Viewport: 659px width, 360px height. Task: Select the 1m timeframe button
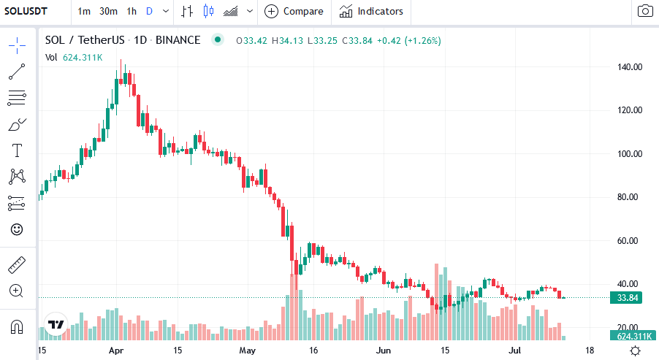(x=84, y=11)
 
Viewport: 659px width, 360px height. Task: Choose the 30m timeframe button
(x=108, y=11)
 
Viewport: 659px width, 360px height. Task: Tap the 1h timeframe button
(x=132, y=11)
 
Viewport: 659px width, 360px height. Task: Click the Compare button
(x=294, y=11)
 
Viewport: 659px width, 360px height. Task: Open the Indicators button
(x=371, y=11)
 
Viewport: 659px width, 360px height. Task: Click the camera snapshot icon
(x=645, y=11)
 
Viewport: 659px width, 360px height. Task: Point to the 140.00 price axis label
(x=628, y=67)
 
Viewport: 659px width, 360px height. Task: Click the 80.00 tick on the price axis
(x=628, y=197)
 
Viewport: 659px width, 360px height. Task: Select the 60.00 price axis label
(x=628, y=240)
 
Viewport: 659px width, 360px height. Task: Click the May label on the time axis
(x=248, y=351)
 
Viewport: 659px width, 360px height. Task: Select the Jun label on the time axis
(x=383, y=351)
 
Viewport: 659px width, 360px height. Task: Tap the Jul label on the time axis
(x=517, y=351)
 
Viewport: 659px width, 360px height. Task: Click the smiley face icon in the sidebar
(x=17, y=229)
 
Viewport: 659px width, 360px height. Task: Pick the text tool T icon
(x=17, y=151)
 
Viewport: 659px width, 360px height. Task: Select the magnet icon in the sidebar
(x=17, y=326)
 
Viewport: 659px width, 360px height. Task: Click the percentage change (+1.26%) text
(x=420, y=40)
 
